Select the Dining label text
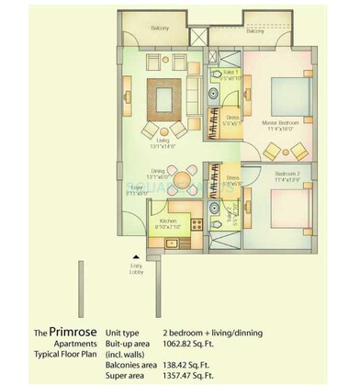(136, 170)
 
